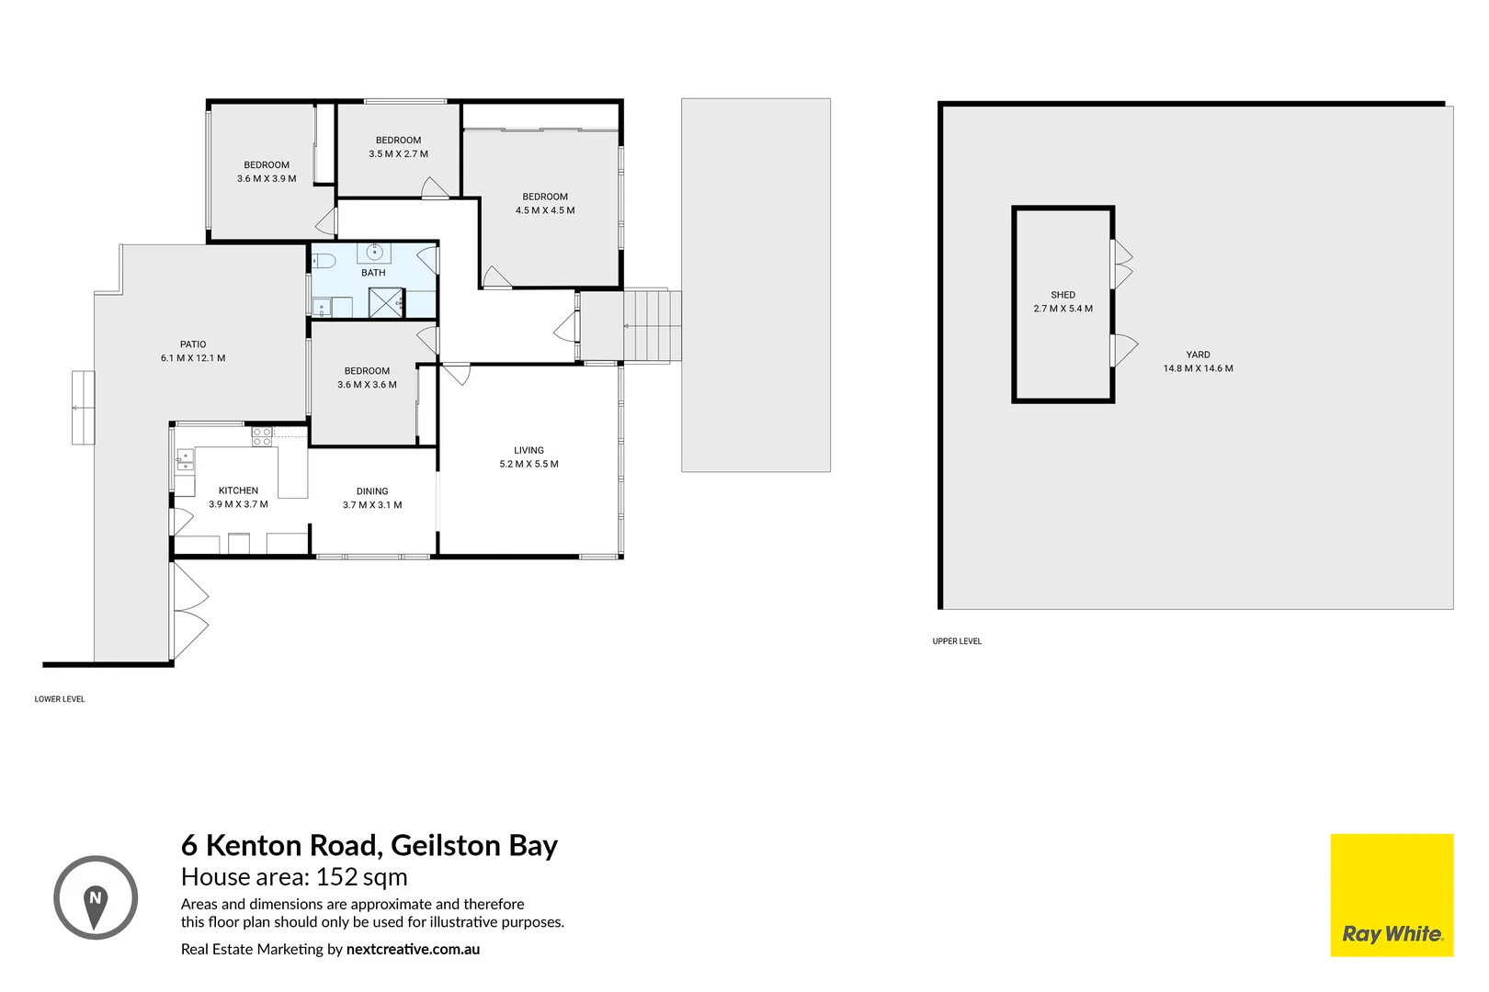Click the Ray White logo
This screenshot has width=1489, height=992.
(x=1392, y=896)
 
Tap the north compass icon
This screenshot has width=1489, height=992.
(x=96, y=898)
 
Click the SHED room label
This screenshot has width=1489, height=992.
(x=1063, y=295)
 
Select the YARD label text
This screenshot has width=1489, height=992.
(x=1198, y=355)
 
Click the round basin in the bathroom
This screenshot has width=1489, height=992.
(x=374, y=252)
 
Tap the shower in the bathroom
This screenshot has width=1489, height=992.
(x=386, y=303)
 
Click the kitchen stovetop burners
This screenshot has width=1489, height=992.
(x=262, y=436)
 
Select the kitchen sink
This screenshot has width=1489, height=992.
(x=185, y=459)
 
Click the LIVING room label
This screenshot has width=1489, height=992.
(x=529, y=450)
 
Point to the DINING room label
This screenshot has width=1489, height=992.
(x=372, y=491)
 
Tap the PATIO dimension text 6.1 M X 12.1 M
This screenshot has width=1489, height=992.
(x=193, y=358)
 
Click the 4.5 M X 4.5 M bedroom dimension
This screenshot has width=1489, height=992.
(x=545, y=210)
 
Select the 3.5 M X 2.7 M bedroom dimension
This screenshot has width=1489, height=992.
(x=398, y=154)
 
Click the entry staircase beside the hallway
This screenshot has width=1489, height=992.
(x=652, y=326)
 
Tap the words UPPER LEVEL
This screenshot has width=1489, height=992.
(x=957, y=641)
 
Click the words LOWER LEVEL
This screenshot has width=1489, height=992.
(x=60, y=699)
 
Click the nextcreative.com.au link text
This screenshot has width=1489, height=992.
(x=413, y=949)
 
